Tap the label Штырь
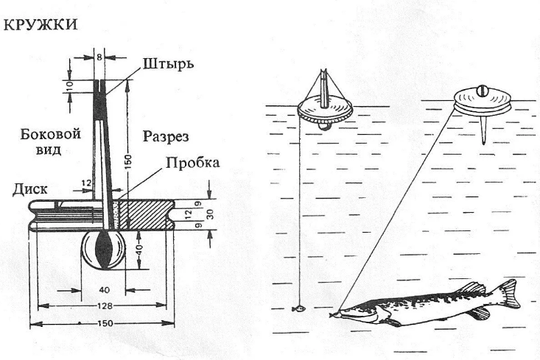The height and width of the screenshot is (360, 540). (167, 64)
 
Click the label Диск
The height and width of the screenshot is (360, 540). (30, 188)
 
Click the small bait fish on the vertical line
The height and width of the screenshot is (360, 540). (298, 308)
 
